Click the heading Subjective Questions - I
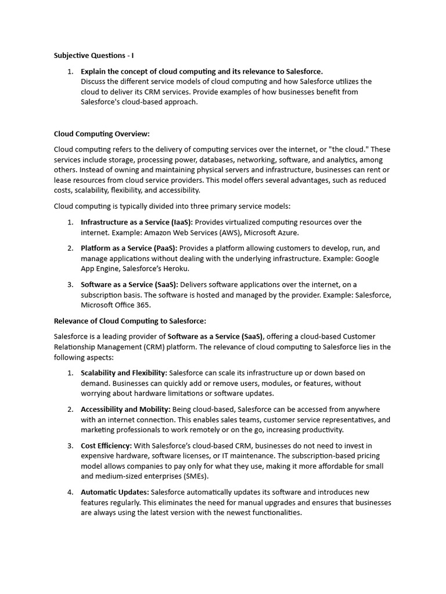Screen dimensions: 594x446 (x=93, y=56)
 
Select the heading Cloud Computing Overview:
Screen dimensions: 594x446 (x=102, y=134)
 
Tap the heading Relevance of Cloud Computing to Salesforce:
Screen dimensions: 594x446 (x=130, y=321)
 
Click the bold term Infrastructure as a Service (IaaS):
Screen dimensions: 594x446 (x=136, y=222)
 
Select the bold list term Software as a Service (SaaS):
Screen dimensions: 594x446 (x=130, y=284)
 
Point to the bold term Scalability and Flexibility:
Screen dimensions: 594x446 (x=124, y=373)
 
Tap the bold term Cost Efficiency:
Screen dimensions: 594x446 (x=106, y=445)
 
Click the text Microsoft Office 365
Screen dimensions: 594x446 (x=115, y=305)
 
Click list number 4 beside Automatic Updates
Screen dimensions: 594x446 (x=70, y=492)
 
